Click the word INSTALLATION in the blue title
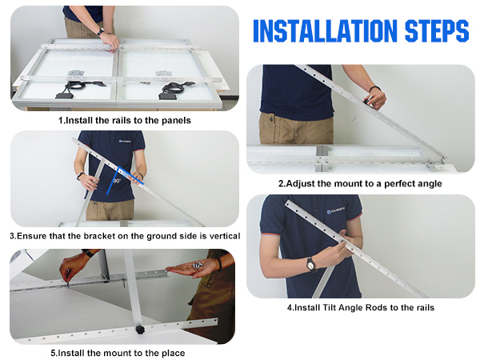point(325,30)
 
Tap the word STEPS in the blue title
point(437,30)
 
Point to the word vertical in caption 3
point(225,236)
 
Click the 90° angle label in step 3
point(118,182)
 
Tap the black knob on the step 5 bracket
point(140,330)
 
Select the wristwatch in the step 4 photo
point(310,264)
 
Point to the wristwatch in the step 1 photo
point(101,31)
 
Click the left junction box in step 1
point(65,95)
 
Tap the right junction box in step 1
point(168,96)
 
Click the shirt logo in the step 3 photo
point(125,141)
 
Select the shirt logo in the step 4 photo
point(336,210)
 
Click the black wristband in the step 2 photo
point(374,89)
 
